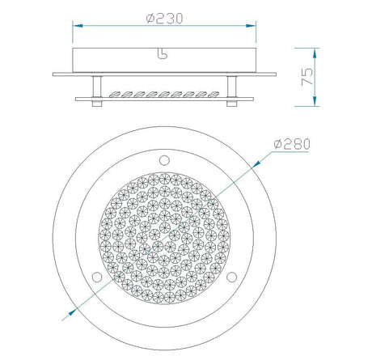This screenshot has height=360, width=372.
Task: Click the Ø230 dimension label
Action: (x=165, y=19)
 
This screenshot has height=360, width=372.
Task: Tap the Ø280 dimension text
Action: (x=292, y=144)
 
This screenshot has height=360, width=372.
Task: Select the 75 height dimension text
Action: (x=307, y=77)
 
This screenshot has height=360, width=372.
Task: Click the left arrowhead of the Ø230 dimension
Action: (x=78, y=26)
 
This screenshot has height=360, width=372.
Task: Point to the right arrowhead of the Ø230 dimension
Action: (x=251, y=26)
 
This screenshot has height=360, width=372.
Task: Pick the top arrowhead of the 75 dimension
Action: (x=315, y=53)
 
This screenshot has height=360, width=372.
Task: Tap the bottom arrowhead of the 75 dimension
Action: (x=315, y=101)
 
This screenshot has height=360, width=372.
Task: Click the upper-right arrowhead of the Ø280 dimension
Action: (x=256, y=164)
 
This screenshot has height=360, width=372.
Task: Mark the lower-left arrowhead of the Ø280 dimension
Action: (x=72, y=312)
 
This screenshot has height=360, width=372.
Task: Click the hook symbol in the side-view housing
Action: (x=163, y=53)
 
